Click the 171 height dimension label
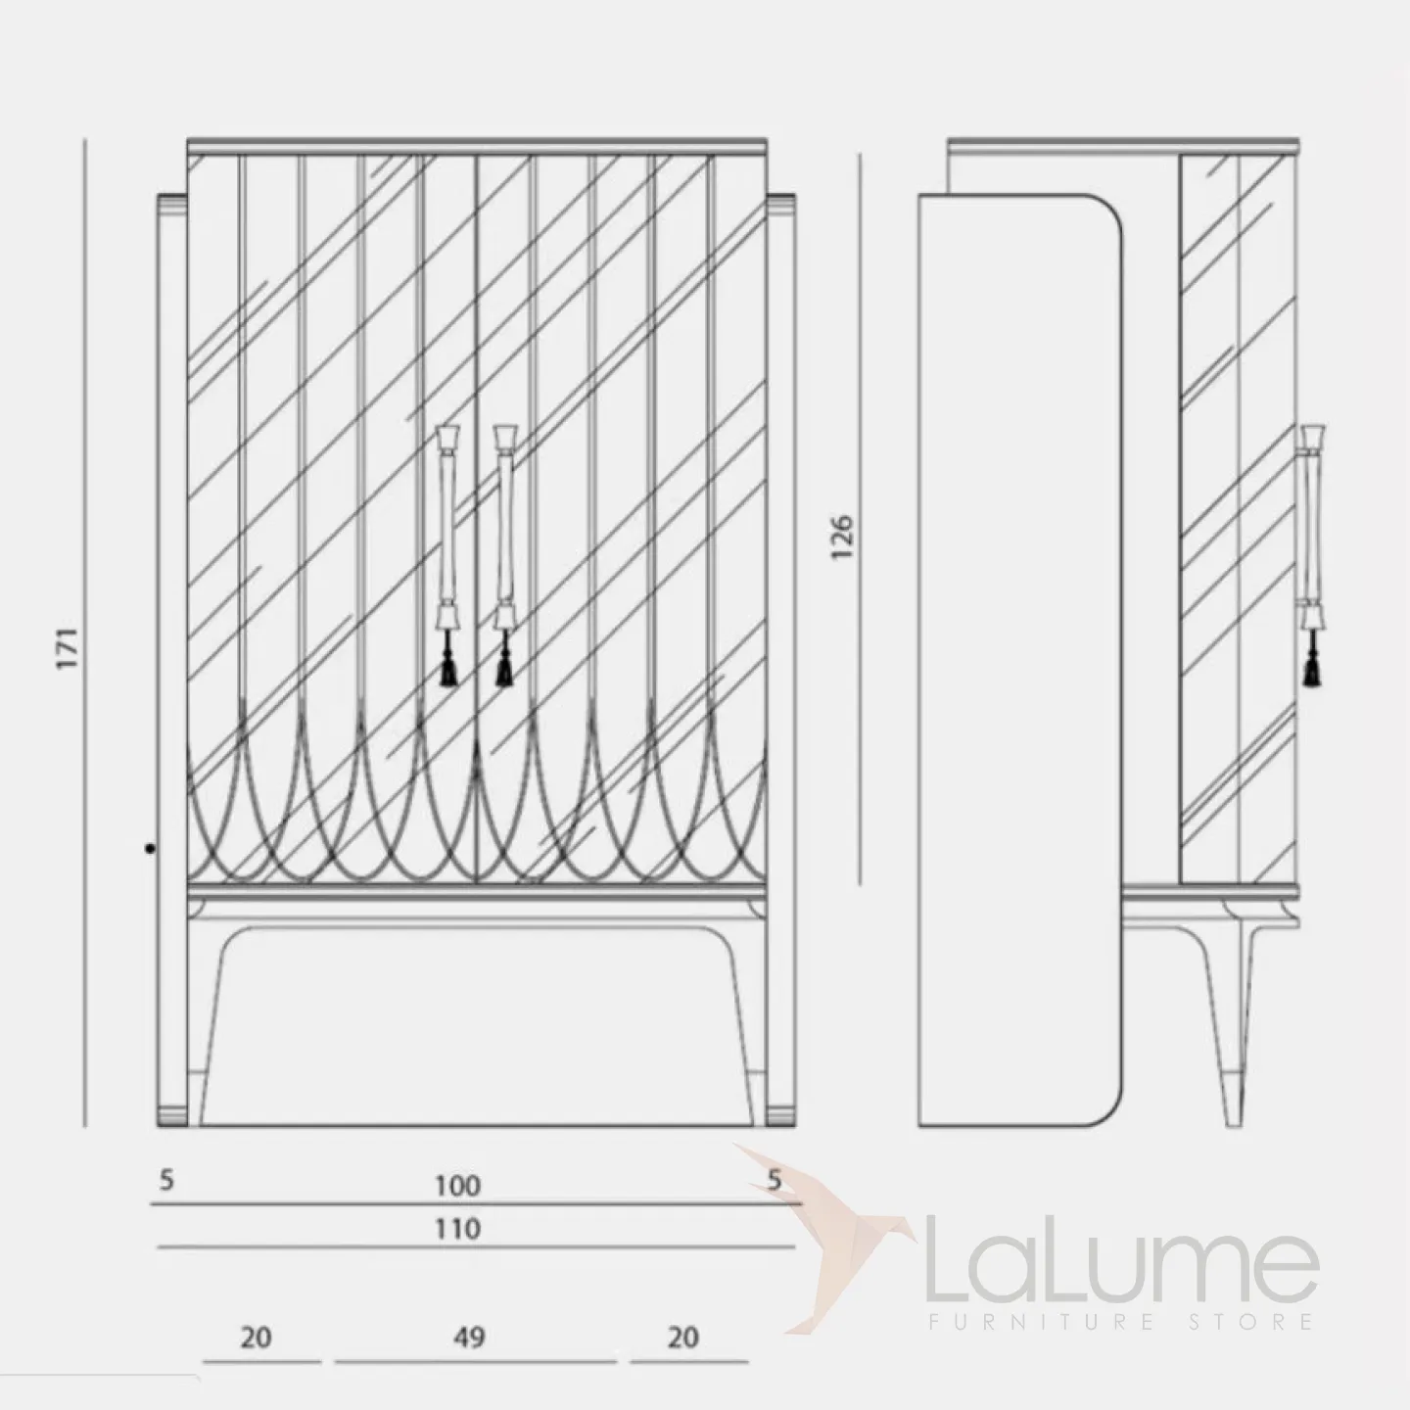pyautogui.click(x=68, y=647)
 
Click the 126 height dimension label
pyautogui.click(x=842, y=537)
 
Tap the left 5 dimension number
pyautogui.click(x=166, y=1180)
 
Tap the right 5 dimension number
pyautogui.click(x=775, y=1180)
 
